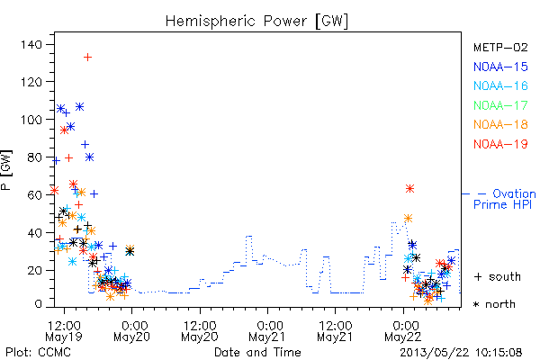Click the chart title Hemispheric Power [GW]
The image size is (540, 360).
[x=256, y=22]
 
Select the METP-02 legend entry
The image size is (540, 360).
[x=500, y=47]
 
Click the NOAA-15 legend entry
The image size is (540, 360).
[x=500, y=67]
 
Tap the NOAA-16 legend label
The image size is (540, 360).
[x=500, y=85]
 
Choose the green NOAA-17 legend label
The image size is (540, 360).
[x=500, y=105]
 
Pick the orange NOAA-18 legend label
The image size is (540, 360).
[x=500, y=124]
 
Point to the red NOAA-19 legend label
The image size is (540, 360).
[x=500, y=144]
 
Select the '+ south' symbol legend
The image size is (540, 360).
[x=498, y=276]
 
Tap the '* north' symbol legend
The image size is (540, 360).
[x=494, y=304]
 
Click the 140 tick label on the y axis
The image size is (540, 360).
[x=31, y=44]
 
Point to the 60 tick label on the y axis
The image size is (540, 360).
[x=35, y=195]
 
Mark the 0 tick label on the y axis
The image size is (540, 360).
[x=38, y=304]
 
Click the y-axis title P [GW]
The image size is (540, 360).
[x=6, y=170]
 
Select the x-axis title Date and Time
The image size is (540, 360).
[x=257, y=353]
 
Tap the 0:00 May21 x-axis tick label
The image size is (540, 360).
[x=268, y=331]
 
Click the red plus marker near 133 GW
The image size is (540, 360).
[x=88, y=57]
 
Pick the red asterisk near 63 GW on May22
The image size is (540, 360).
[x=409, y=188]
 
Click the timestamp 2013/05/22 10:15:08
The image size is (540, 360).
[x=461, y=353]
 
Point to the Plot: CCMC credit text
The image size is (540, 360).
[x=38, y=353]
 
